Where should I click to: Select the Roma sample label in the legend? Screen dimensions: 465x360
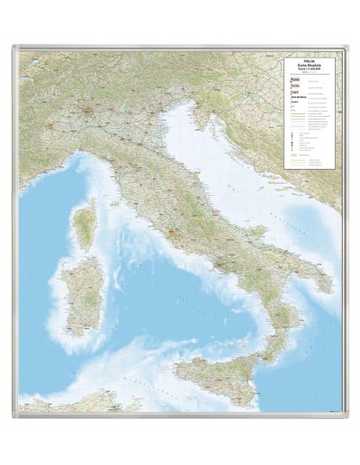coord(293,80)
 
